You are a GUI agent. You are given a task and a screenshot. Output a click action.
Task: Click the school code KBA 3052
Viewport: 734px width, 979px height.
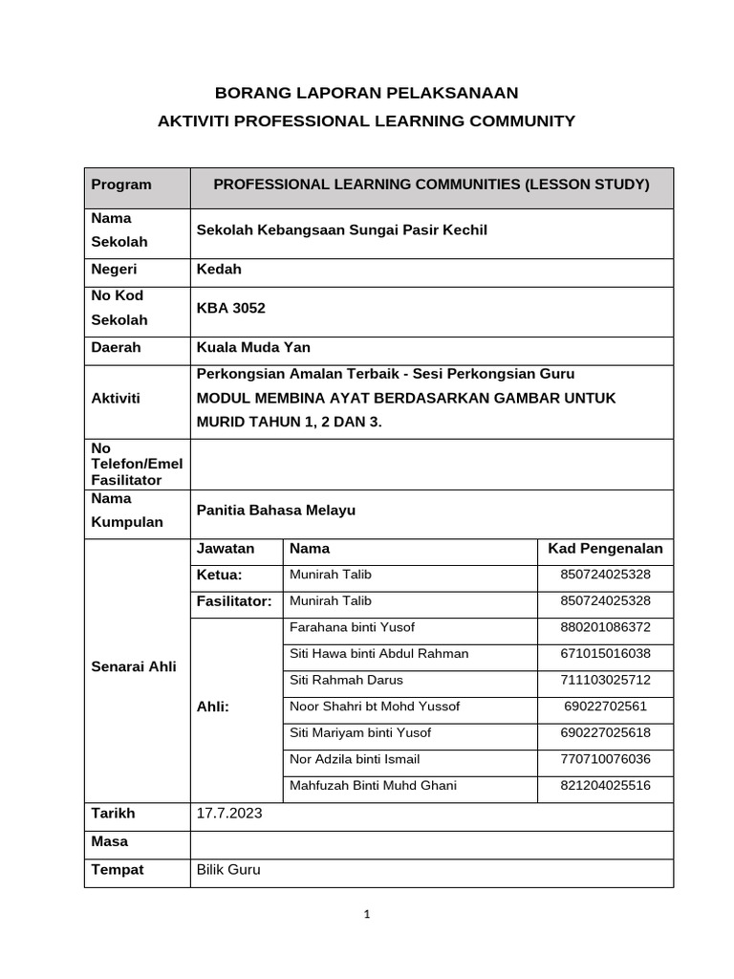pos(230,308)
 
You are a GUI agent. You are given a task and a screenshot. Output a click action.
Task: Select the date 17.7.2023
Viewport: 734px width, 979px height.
pos(228,814)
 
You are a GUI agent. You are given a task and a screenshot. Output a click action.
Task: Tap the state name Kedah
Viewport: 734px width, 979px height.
pos(219,270)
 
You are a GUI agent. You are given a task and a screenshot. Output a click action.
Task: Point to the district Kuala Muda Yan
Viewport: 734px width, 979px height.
pos(252,347)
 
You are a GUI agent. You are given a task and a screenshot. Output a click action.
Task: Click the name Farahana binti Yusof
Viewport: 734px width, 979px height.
pos(352,627)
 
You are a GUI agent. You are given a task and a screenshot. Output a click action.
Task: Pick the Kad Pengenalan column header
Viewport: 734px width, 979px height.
pos(605,549)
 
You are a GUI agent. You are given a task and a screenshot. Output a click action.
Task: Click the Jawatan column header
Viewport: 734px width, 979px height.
pos(226,549)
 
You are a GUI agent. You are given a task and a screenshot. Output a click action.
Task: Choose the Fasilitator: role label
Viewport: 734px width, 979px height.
pos(234,601)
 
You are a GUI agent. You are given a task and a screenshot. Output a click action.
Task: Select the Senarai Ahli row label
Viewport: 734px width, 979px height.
pos(134,667)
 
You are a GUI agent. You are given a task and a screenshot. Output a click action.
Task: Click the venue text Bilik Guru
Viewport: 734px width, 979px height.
pos(227,870)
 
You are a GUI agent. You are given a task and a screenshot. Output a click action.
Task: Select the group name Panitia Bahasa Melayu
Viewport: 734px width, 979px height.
pos(275,511)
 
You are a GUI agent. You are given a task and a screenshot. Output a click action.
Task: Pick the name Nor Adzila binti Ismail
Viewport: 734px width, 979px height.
pos(354,759)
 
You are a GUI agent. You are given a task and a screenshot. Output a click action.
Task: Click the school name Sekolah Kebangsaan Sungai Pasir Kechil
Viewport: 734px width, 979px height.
pos(341,230)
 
